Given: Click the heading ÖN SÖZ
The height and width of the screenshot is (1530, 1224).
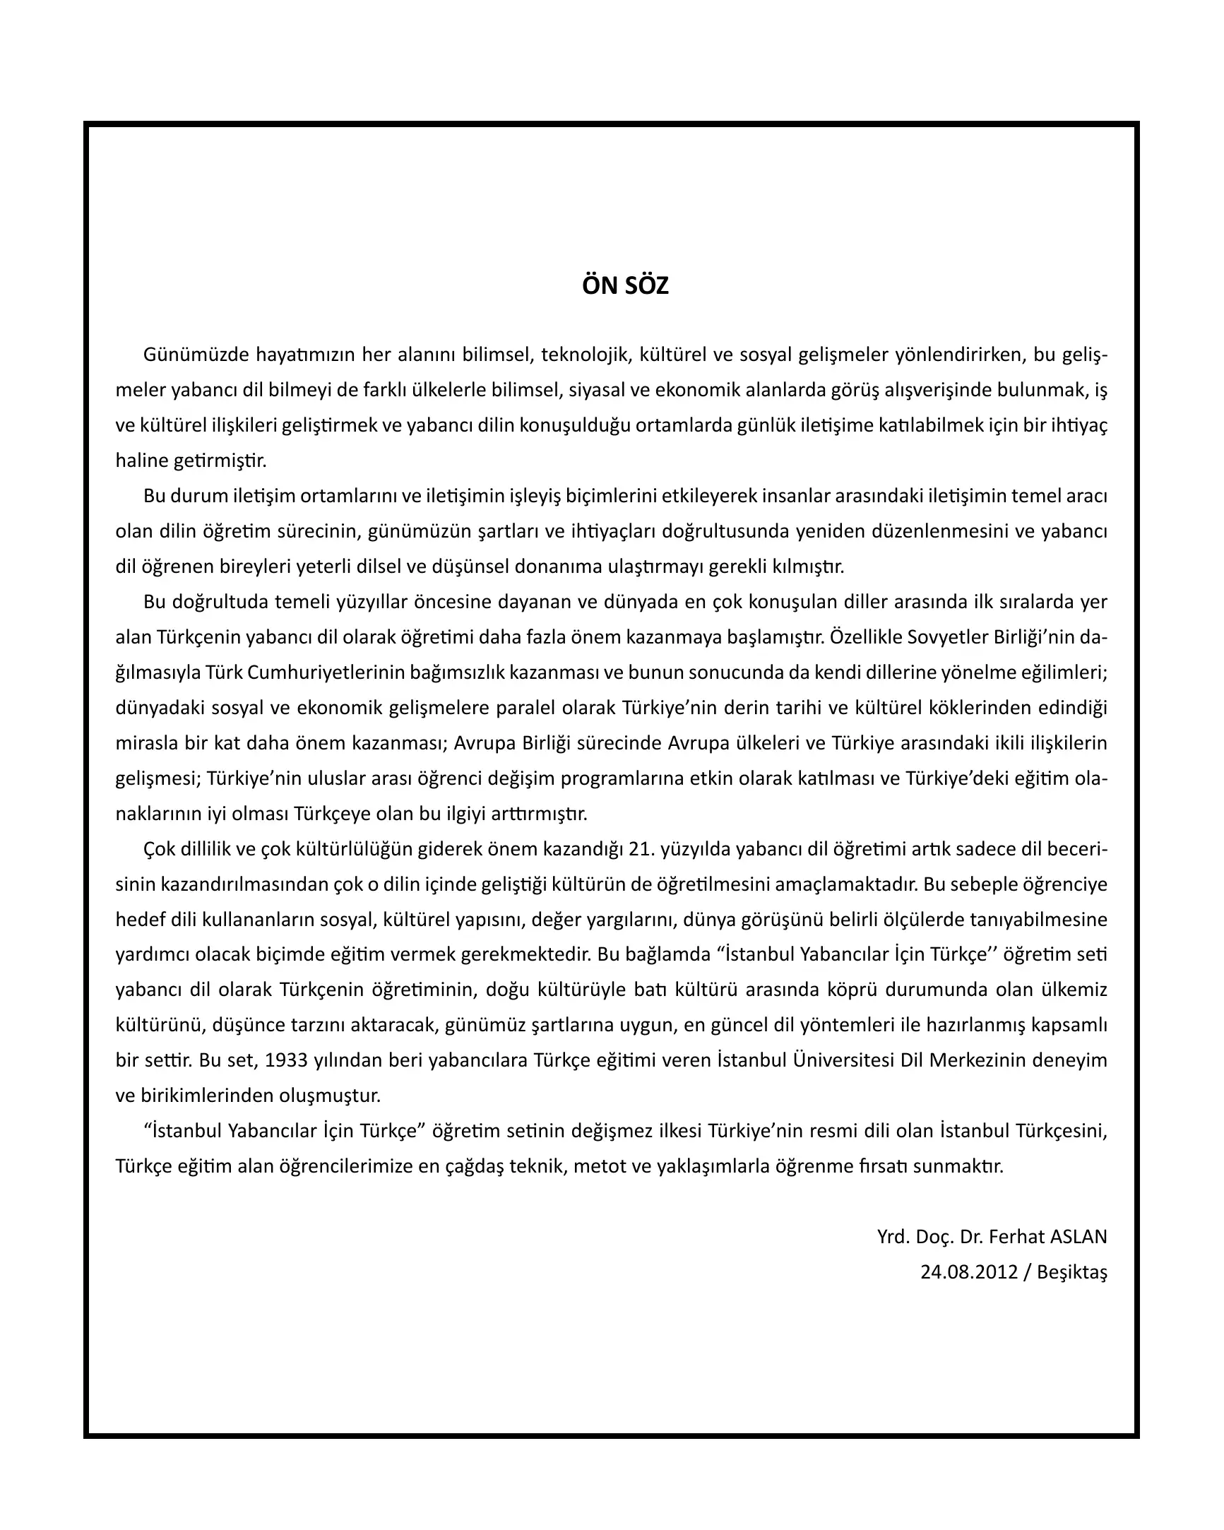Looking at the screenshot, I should [625, 286].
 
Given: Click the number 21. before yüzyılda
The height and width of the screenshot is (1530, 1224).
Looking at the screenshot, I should [642, 850].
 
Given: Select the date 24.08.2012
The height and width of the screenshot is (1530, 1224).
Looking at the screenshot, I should [968, 1272].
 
